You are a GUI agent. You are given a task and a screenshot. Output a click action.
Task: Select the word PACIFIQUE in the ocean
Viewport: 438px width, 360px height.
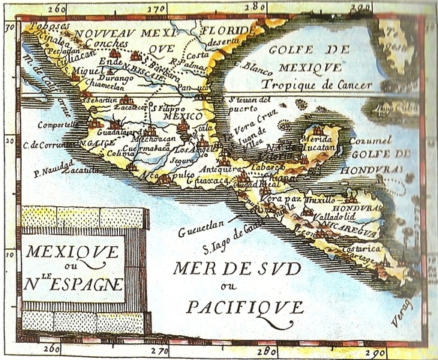coord(244,307)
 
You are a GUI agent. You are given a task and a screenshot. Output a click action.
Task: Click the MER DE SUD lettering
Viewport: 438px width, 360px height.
coord(237,268)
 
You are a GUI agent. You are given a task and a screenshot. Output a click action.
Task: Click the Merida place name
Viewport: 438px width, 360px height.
coord(317,139)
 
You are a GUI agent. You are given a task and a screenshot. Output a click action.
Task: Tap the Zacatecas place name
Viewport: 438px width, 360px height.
coord(131,108)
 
